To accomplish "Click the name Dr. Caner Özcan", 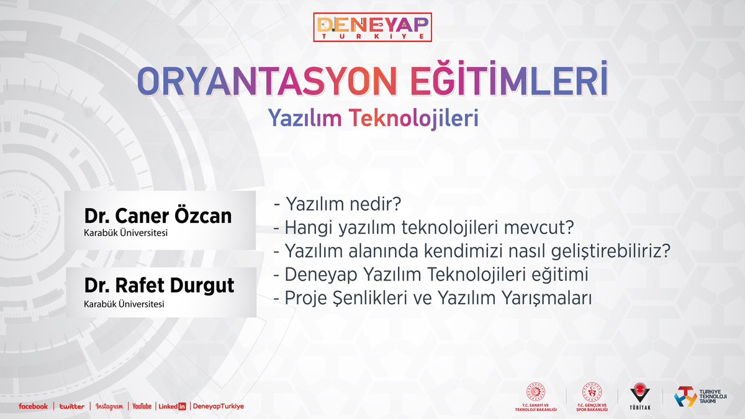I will coord(158,216).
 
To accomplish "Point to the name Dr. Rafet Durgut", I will coord(160,286).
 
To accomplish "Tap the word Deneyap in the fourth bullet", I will coord(314,274).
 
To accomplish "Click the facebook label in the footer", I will coord(33,406).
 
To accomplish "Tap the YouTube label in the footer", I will coord(141,406).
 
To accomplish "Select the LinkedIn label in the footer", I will coord(172,406).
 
